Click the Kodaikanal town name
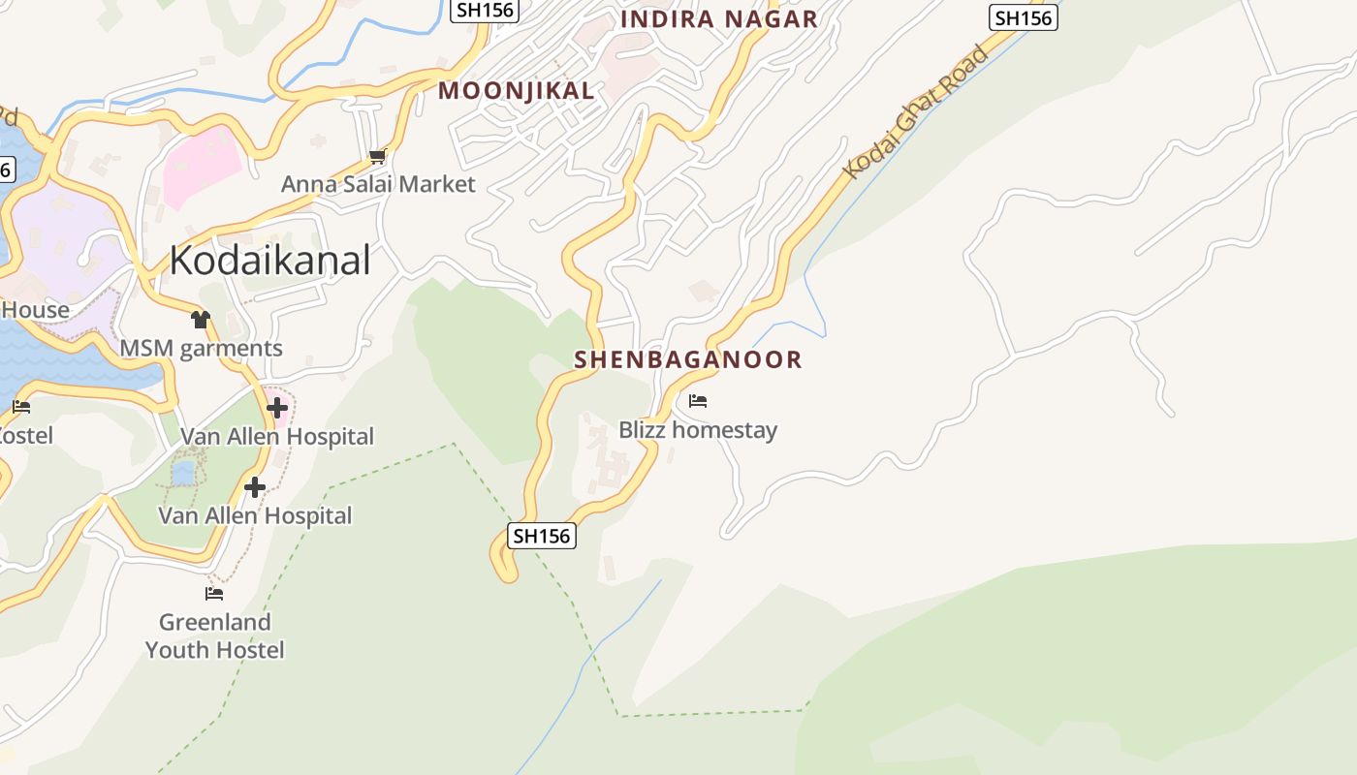tap(269, 260)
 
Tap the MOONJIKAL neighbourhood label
tap(516, 91)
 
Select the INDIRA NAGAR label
tap(718, 19)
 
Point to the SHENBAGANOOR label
tap(688, 359)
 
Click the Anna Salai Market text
tap(378, 184)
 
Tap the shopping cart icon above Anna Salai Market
tap(377, 156)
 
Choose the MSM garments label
tap(201, 349)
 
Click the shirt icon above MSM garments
tap(201, 319)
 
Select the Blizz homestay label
tap(698, 429)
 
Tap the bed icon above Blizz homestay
tap(698, 400)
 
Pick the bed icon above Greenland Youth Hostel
tap(214, 593)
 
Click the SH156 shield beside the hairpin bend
tap(542, 536)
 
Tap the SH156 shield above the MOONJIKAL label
tap(486, 10)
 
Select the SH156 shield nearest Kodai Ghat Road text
tap(1024, 17)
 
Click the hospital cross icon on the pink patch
tap(277, 408)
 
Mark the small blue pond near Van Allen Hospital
tap(182, 473)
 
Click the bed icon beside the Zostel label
tap(21, 407)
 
